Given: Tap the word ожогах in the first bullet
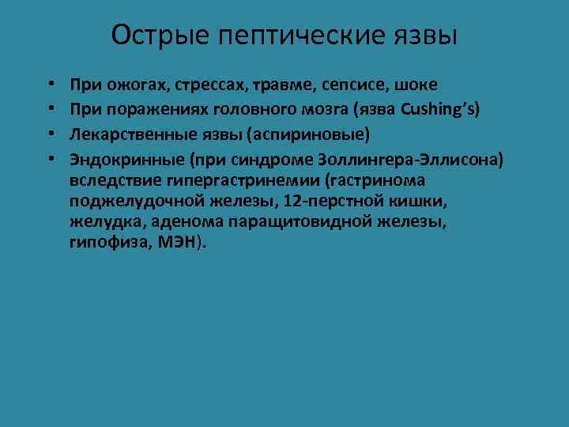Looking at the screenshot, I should tap(124, 83).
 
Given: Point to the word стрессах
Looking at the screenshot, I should tap(190, 83).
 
